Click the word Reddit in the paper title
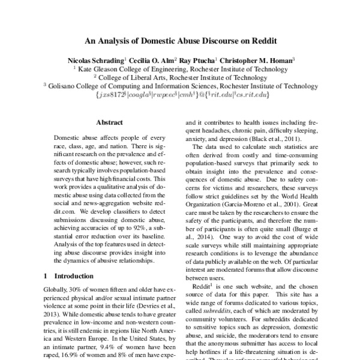coord(259,43)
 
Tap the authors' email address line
coord(180,95)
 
